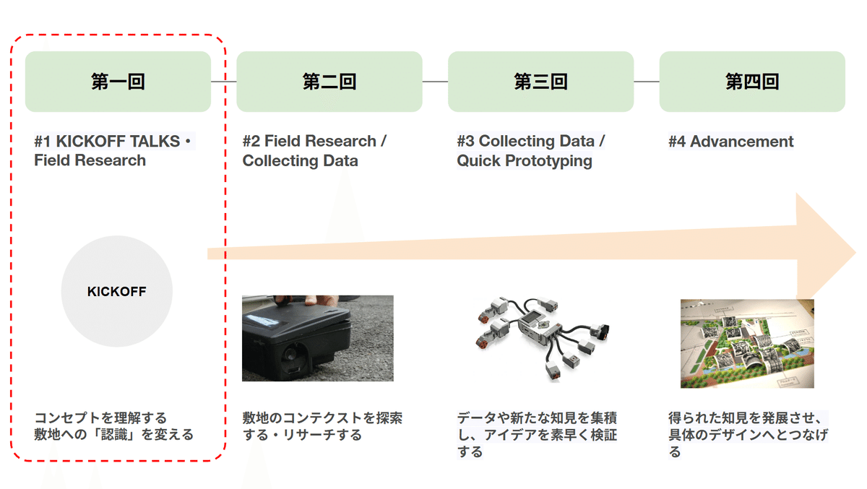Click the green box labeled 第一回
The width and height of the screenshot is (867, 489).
coord(118,82)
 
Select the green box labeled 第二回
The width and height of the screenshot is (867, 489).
coord(329,82)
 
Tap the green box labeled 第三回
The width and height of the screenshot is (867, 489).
coord(540,82)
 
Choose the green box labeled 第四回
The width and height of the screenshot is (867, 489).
coord(752,82)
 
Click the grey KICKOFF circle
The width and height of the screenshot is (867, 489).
coord(117,292)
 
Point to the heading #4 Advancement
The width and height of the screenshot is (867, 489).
coord(731,142)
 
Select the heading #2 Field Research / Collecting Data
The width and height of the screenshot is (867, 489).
coord(314,150)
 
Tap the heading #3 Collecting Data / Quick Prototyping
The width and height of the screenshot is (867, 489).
coord(530,150)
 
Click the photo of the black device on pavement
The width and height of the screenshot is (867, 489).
coord(317,337)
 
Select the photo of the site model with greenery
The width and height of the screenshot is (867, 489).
coord(747,343)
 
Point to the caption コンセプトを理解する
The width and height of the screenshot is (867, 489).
coord(100,417)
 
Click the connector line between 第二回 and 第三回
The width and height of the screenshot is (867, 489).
coord(435,82)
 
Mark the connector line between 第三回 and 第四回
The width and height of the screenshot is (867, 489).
coord(647,82)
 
